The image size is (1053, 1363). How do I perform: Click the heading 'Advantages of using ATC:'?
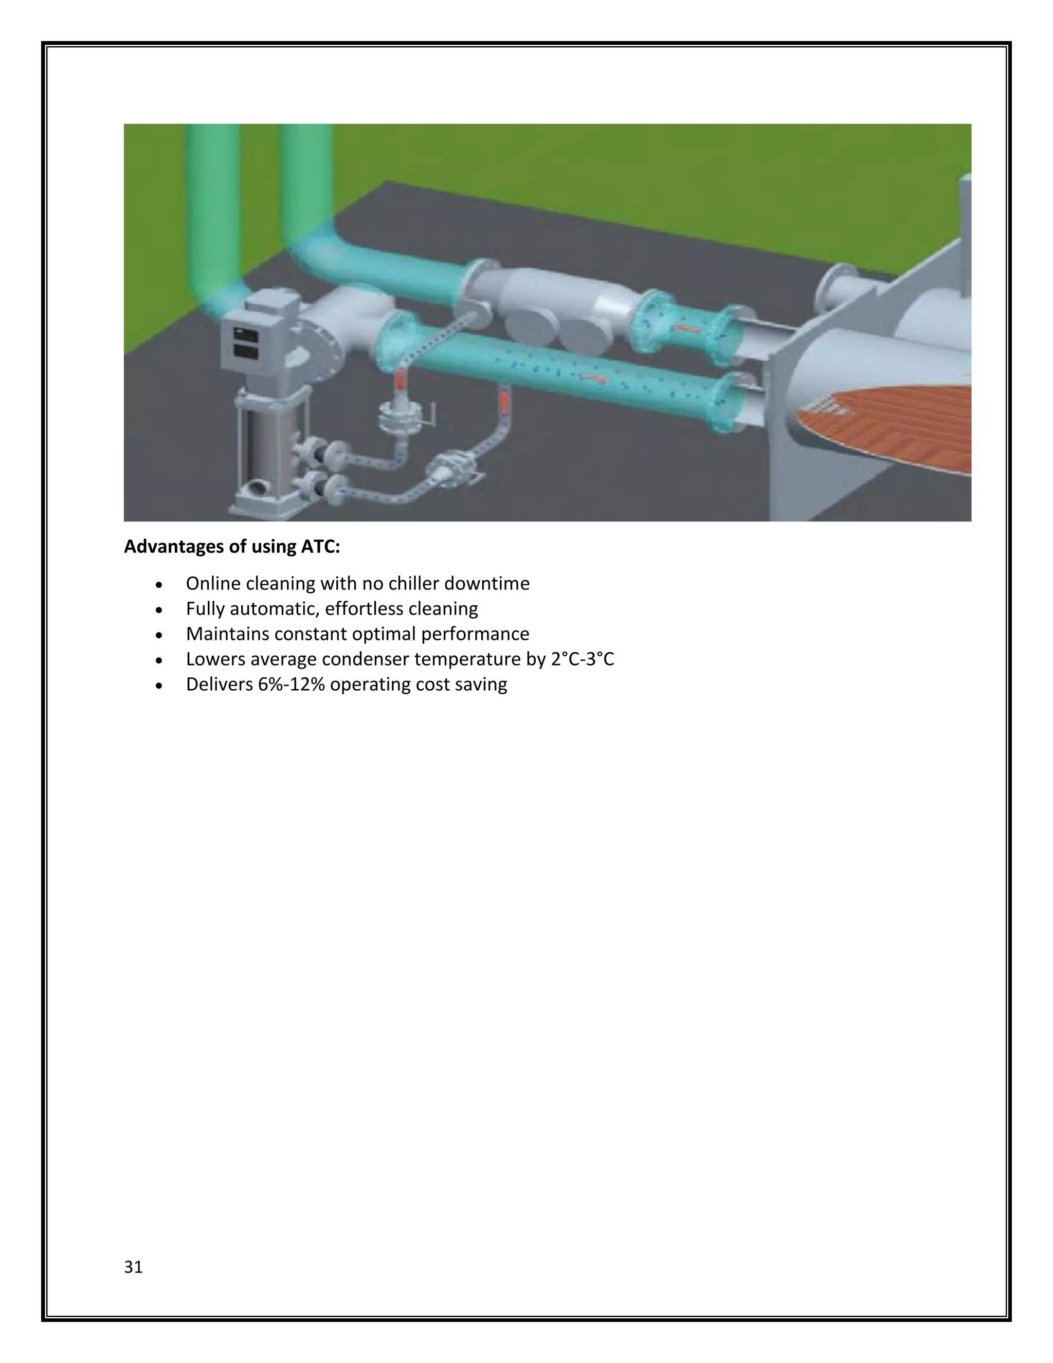click(231, 547)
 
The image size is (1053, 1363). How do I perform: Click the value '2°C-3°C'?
click(583, 659)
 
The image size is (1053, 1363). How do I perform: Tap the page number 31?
click(134, 1267)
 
